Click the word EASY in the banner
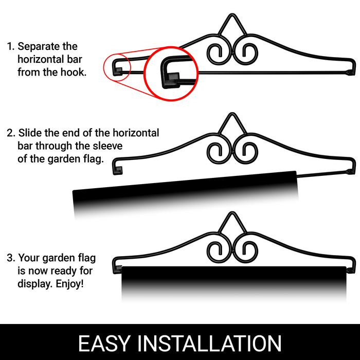104,343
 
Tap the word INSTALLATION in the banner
209,343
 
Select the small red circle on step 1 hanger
103,67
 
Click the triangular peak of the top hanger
232,15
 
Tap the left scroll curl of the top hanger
207,53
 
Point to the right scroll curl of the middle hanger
257,152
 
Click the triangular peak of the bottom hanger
232,212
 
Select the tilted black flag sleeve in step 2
185,191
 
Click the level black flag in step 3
233,281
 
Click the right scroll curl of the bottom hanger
257,250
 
